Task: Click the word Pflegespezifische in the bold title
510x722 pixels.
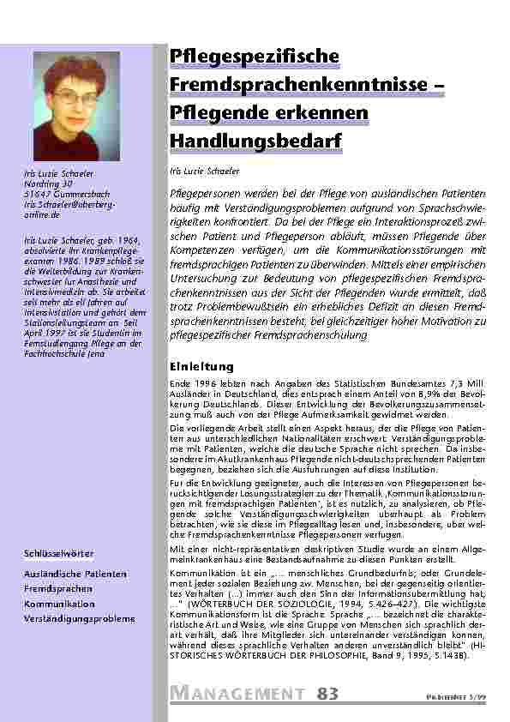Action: [x=254, y=57]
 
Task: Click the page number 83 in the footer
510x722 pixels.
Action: [x=327, y=694]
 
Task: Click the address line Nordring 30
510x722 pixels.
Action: [x=48, y=183]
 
